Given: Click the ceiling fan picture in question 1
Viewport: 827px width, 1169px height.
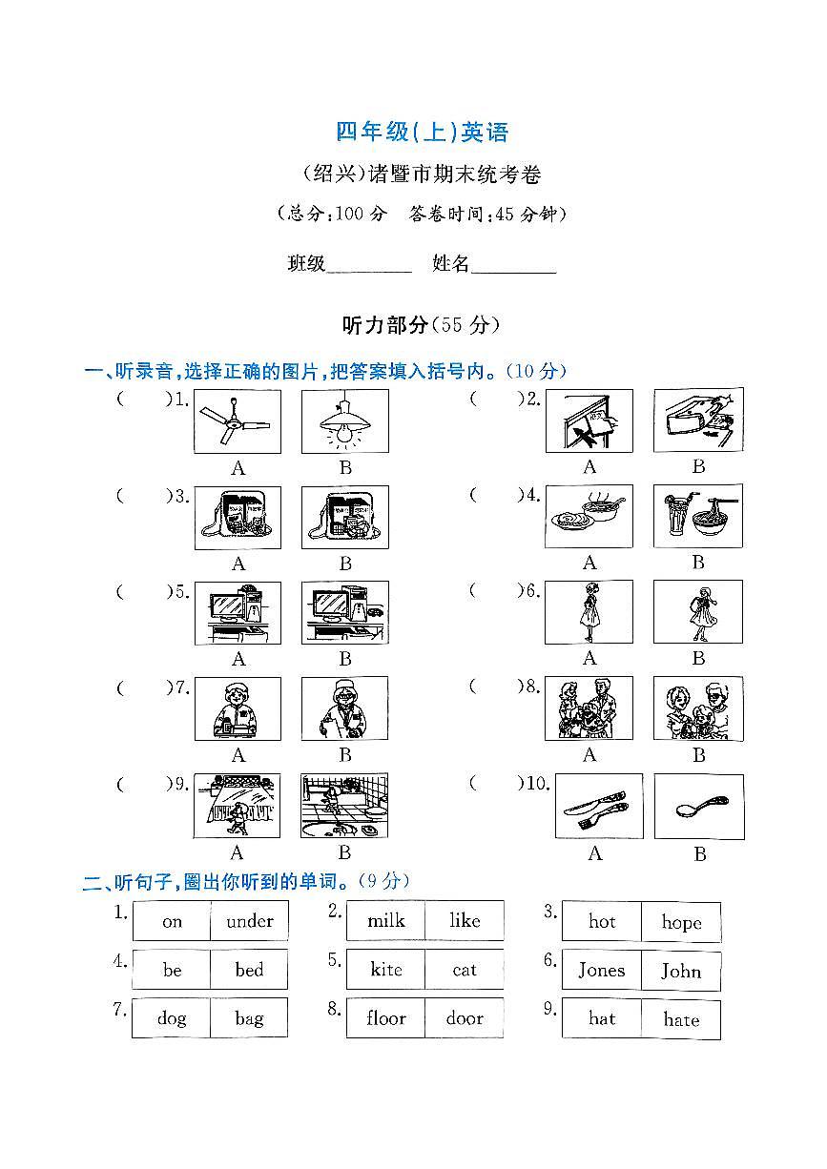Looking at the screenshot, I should point(238,420).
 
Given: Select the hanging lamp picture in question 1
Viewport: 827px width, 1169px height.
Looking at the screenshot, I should point(344,420).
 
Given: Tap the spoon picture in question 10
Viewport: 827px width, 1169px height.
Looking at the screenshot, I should point(698,807).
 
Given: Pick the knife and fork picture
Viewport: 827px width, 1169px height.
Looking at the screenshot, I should point(598,807).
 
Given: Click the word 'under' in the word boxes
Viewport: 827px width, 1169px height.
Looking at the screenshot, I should point(249,921).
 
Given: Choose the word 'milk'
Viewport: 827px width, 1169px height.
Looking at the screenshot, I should point(386,921).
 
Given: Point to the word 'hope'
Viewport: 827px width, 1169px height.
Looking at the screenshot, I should point(681,922).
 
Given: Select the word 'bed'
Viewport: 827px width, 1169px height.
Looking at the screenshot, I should point(249,970).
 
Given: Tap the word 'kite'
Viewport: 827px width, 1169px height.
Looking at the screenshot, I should point(386,970).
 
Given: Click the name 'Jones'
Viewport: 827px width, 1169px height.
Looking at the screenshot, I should point(602,971).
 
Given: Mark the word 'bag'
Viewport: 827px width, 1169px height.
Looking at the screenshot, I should point(249,1018).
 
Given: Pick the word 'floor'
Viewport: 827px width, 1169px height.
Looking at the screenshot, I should point(386,1018).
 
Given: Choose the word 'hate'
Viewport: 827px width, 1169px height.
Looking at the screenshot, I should point(681,1019).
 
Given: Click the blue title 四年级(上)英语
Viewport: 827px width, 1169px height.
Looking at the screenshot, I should point(423,133).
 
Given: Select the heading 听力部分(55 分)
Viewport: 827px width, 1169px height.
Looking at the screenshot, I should point(421,325).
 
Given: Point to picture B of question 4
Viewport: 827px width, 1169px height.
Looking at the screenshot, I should point(698,516).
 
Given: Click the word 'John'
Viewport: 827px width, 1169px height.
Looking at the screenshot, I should point(681,971).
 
